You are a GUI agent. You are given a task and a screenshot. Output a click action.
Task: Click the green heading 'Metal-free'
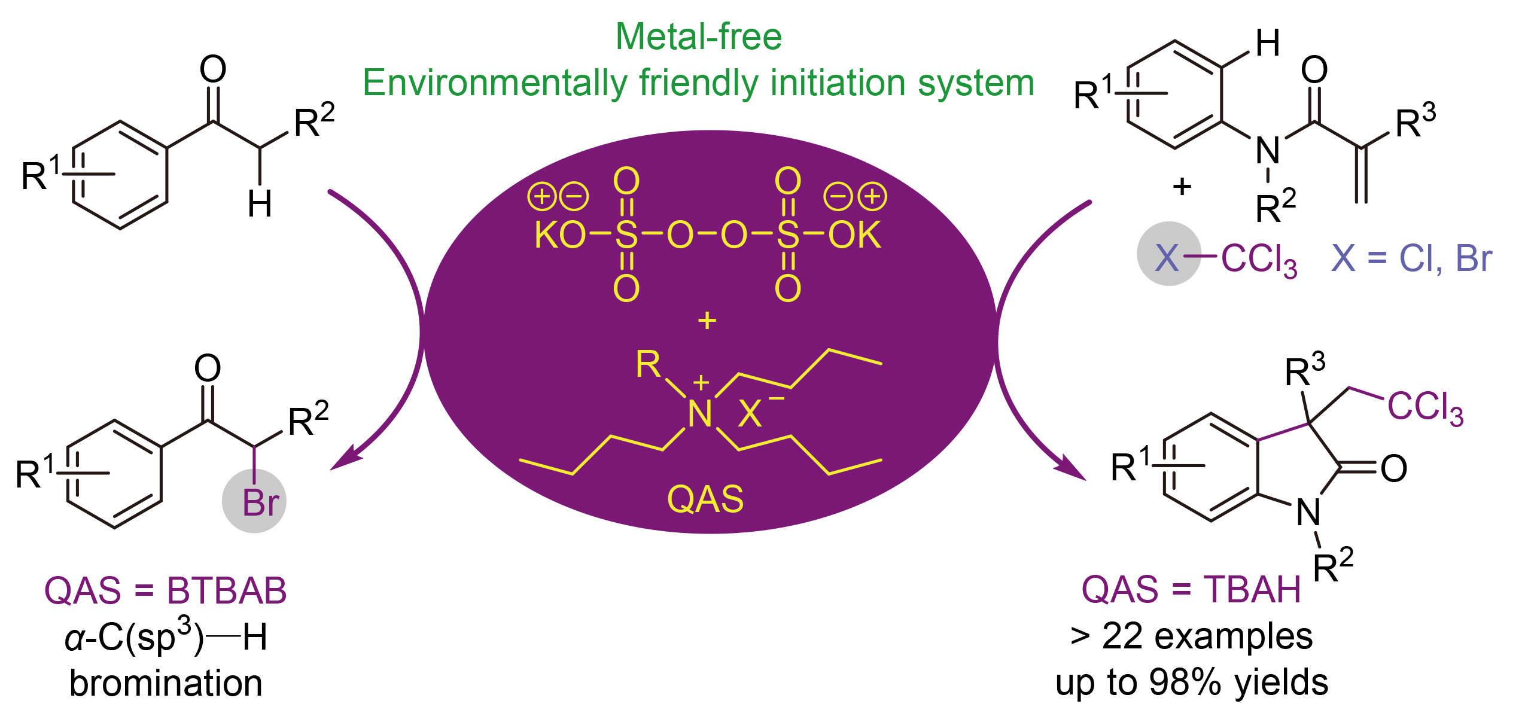[x=698, y=37]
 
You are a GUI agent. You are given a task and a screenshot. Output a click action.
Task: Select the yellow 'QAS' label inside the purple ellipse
[x=705, y=499]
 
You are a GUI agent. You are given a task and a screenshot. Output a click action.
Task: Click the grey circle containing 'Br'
[x=254, y=501]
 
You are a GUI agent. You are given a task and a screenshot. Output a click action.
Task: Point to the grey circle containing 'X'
[x=1168, y=254]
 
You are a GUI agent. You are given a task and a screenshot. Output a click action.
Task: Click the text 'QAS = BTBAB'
[x=166, y=591]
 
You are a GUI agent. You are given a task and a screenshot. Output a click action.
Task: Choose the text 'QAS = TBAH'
[x=1192, y=590]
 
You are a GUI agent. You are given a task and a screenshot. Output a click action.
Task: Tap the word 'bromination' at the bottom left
[x=166, y=683]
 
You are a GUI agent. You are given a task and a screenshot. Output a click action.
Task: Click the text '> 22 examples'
[x=1192, y=636]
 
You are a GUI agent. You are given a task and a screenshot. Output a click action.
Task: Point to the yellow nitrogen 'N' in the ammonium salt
[x=699, y=414]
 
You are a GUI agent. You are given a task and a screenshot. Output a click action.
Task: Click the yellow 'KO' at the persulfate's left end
[x=559, y=235]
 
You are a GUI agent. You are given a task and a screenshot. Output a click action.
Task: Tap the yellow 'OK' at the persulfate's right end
[x=854, y=235]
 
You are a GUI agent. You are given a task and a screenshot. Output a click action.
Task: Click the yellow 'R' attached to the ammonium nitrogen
[x=648, y=364]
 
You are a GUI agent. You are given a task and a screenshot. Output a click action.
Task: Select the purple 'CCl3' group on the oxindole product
[x=1425, y=408]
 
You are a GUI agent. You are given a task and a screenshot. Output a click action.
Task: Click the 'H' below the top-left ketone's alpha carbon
[x=260, y=204]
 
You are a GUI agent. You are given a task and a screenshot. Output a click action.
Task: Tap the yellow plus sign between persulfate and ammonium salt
[x=707, y=321]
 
